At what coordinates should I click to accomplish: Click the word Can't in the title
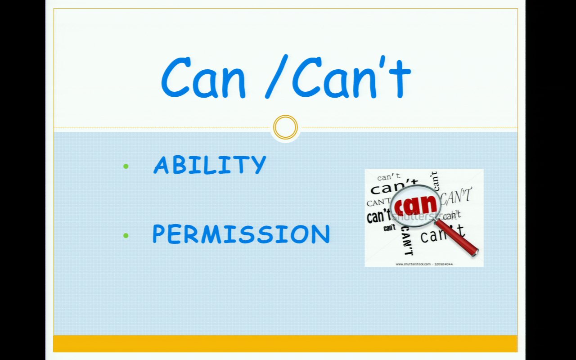tap(351, 76)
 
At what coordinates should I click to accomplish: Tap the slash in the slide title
tap(276, 76)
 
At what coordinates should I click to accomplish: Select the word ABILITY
tap(210, 165)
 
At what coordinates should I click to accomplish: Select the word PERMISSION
tap(241, 234)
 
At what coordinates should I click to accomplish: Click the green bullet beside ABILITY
tap(126, 166)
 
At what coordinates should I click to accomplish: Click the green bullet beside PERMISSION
tap(126, 235)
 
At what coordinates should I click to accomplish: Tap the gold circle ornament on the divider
tap(285, 127)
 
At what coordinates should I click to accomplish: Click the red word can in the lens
tap(415, 205)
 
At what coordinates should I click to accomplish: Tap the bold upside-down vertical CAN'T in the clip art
tap(407, 241)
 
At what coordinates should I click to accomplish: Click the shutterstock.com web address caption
tap(413, 264)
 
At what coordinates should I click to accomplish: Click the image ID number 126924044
tap(444, 264)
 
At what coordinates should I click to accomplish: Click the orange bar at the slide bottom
tap(285, 343)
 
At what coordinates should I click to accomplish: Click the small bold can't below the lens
tap(389, 228)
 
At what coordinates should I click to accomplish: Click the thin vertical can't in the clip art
tap(435, 181)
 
